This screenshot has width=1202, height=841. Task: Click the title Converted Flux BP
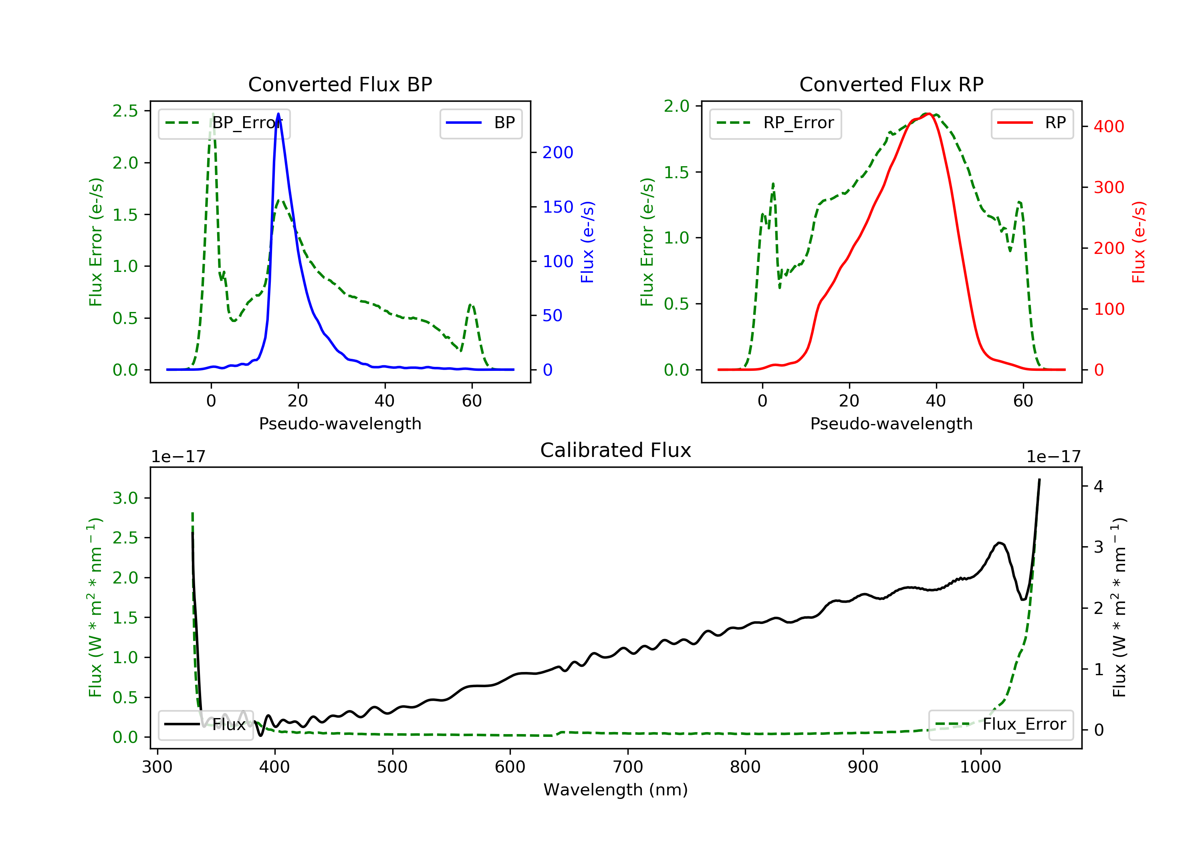pos(340,84)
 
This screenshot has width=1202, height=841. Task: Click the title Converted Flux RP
pos(891,84)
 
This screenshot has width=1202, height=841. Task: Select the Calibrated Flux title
pos(616,450)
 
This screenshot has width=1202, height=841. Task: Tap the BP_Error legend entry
pos(224,123)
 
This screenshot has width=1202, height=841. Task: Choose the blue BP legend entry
pos(480,123)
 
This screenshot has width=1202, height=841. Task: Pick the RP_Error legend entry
pos(775,123)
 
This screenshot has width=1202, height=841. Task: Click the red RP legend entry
pos(1032,123)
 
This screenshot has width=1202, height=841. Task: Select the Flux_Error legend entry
pos(1000,724)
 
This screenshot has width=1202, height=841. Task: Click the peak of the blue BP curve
pos(278,114)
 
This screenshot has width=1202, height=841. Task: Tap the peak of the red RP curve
pos(928,114)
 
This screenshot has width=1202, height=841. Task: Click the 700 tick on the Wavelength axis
pos(628,767)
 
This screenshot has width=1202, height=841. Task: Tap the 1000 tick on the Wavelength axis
pos(980,767)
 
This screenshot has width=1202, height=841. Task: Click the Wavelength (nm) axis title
pos(616,790)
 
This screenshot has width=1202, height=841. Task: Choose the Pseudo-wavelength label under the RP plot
pos(891,423)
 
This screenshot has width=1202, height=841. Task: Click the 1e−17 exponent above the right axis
pos(1053,457)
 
